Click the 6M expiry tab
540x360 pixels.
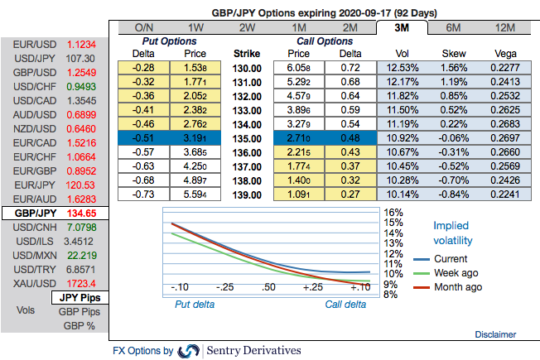(x=453, y=27)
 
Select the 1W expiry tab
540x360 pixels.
(x=196, y=27)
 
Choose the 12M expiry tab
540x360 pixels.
(x=504, y=27)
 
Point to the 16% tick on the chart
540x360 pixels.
(x=393, y=213)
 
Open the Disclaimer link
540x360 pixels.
(x=496, y=334)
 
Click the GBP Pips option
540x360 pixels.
(x=79, y=312)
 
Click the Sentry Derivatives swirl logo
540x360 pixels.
(x=190, y=350)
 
